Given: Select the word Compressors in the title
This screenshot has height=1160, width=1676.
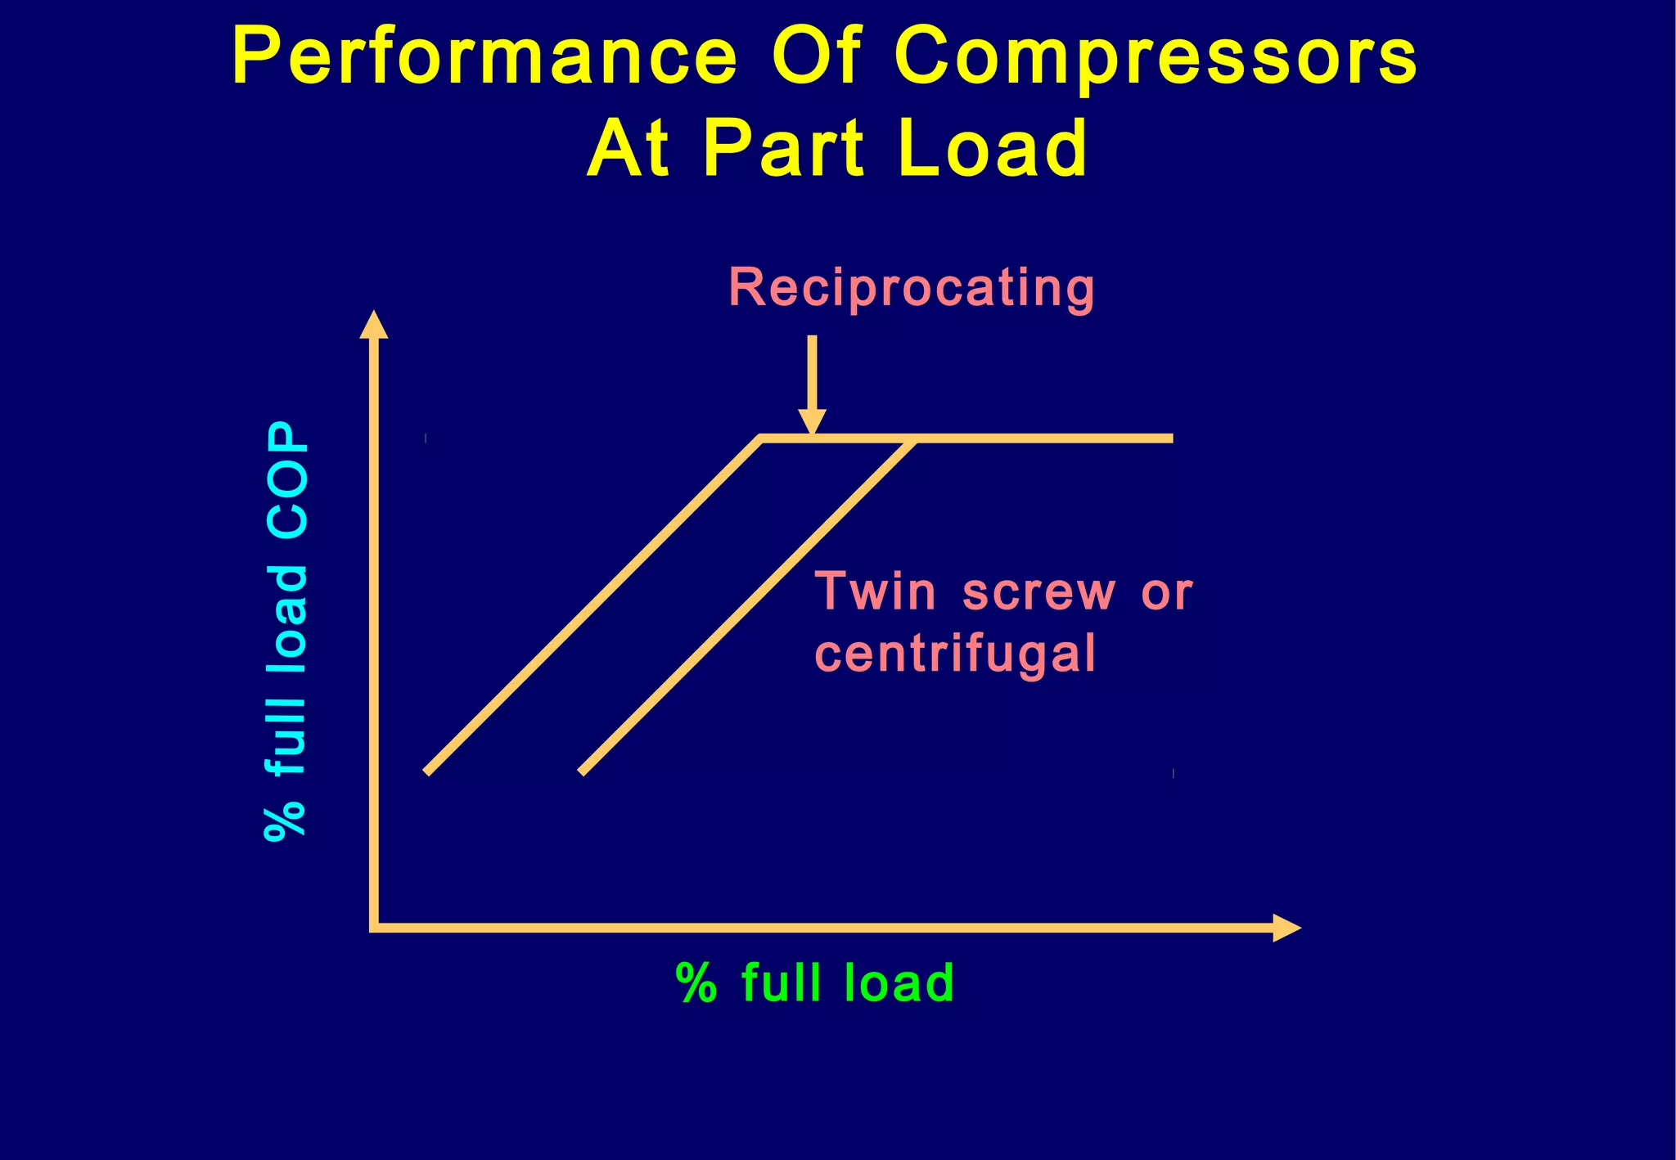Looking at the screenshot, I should coord(1156,57).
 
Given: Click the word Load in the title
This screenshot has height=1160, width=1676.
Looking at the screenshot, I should coord(993,149).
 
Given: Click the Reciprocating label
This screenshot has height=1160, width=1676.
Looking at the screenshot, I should coord(911,288).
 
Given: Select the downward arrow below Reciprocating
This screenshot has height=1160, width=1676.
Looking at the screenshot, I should coord(812,384).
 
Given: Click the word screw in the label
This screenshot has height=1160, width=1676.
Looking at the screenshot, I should coord(1038,592).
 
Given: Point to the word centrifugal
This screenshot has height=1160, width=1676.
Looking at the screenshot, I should coord(955,654).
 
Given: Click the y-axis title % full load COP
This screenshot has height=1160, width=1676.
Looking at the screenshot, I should coord(287,632).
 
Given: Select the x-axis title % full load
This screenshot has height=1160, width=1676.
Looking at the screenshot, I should coord(815,982).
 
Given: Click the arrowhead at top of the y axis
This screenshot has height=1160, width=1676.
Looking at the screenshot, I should coord(374,324).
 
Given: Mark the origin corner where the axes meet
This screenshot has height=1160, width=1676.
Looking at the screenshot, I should coord(375,927).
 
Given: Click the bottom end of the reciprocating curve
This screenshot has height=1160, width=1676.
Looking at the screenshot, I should coord(427,771).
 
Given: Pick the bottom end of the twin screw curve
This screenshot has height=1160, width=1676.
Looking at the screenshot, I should coord(582,771).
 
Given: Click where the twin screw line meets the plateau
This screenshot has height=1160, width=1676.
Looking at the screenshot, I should coord(912,440).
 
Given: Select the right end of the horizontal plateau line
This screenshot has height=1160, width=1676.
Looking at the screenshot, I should coord(1171,438).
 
